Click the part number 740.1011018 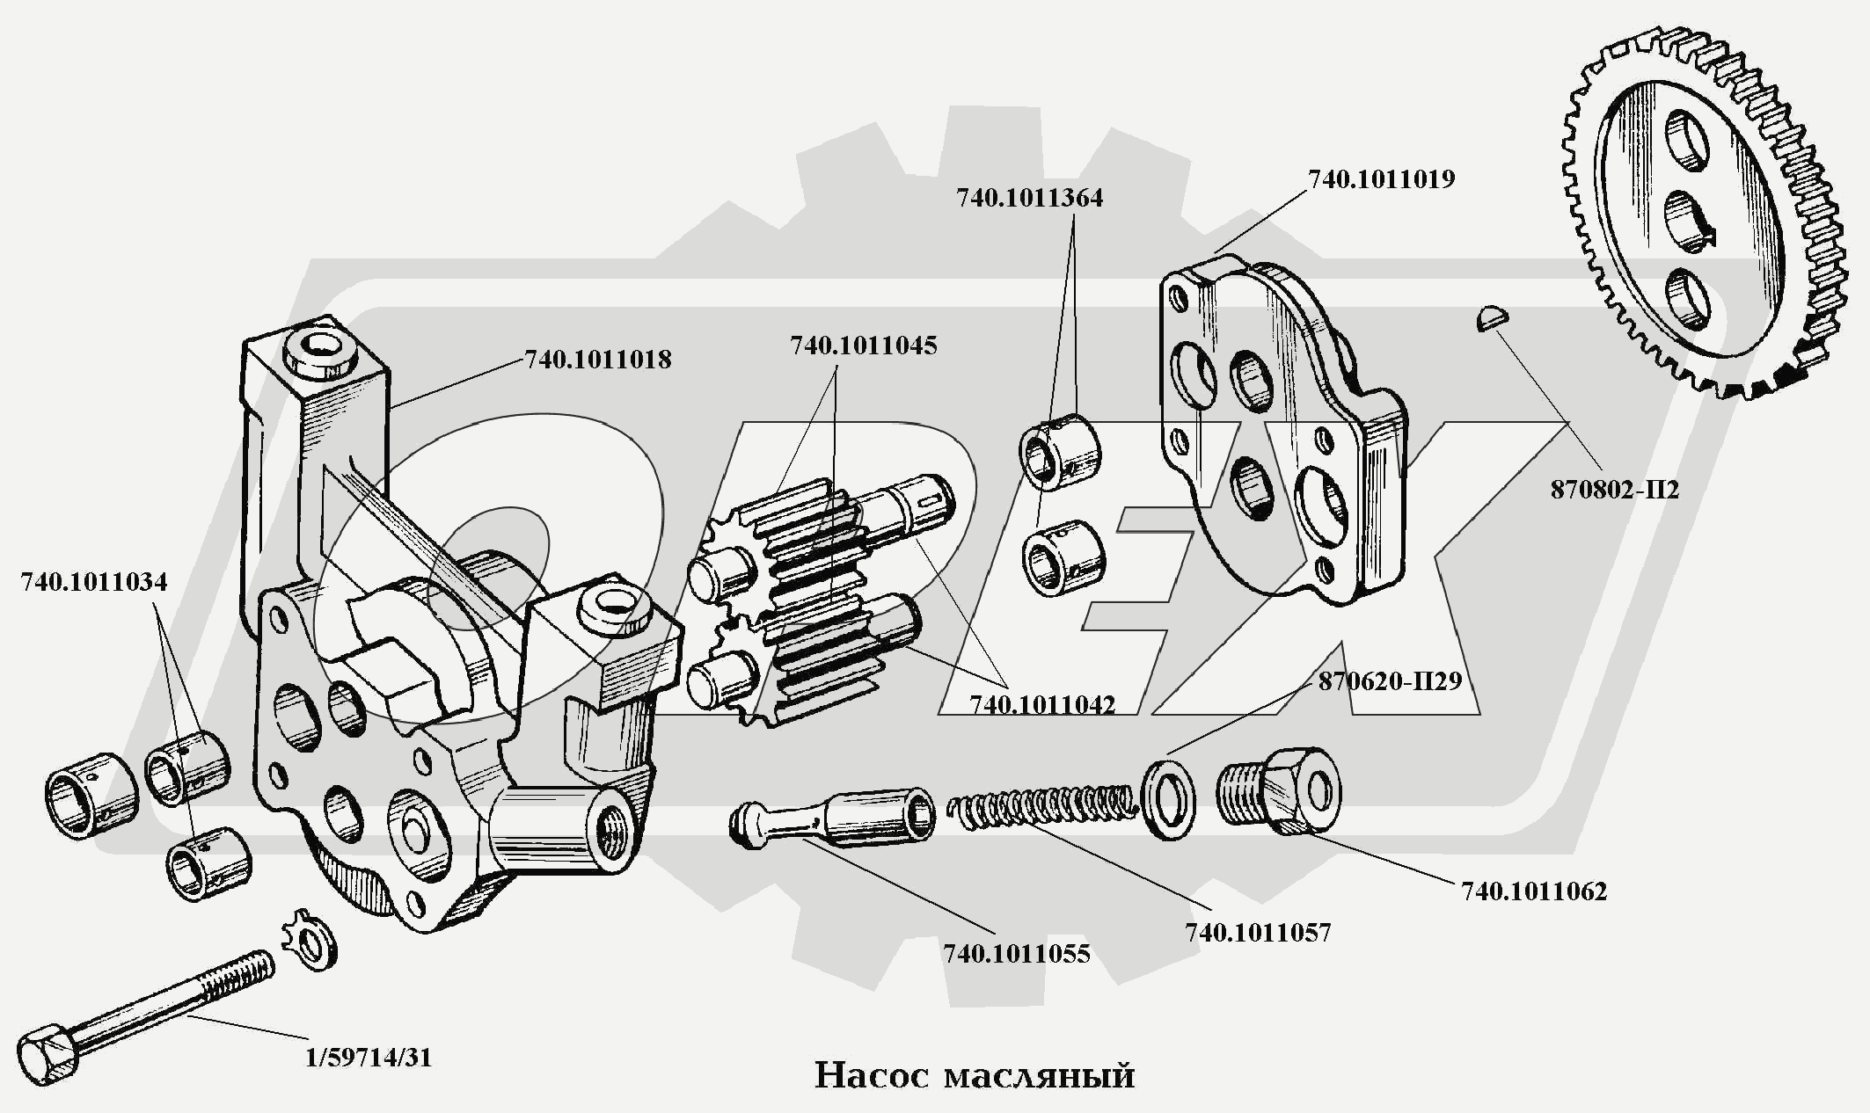(x=597, y=360)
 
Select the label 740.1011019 (x=1381, y=179)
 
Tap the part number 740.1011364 (x=1029, y=199)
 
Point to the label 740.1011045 (x=863, y=346)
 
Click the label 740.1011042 (x=1041, y=705)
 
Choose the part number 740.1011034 (x=93, y=583)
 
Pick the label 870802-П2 (x=1614, y=491)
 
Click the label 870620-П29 (x=1389, y=681)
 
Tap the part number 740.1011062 (x=1534, y=891)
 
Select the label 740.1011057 (x=1258, y=933)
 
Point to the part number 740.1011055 (x=1016, y=954)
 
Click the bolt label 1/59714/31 (x=369, y=1058)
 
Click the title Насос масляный (x=974, y=1076)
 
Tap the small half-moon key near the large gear (x=1492, y=316)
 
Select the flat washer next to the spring (x=1168, y=799)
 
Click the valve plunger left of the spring (x=836, y=819)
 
